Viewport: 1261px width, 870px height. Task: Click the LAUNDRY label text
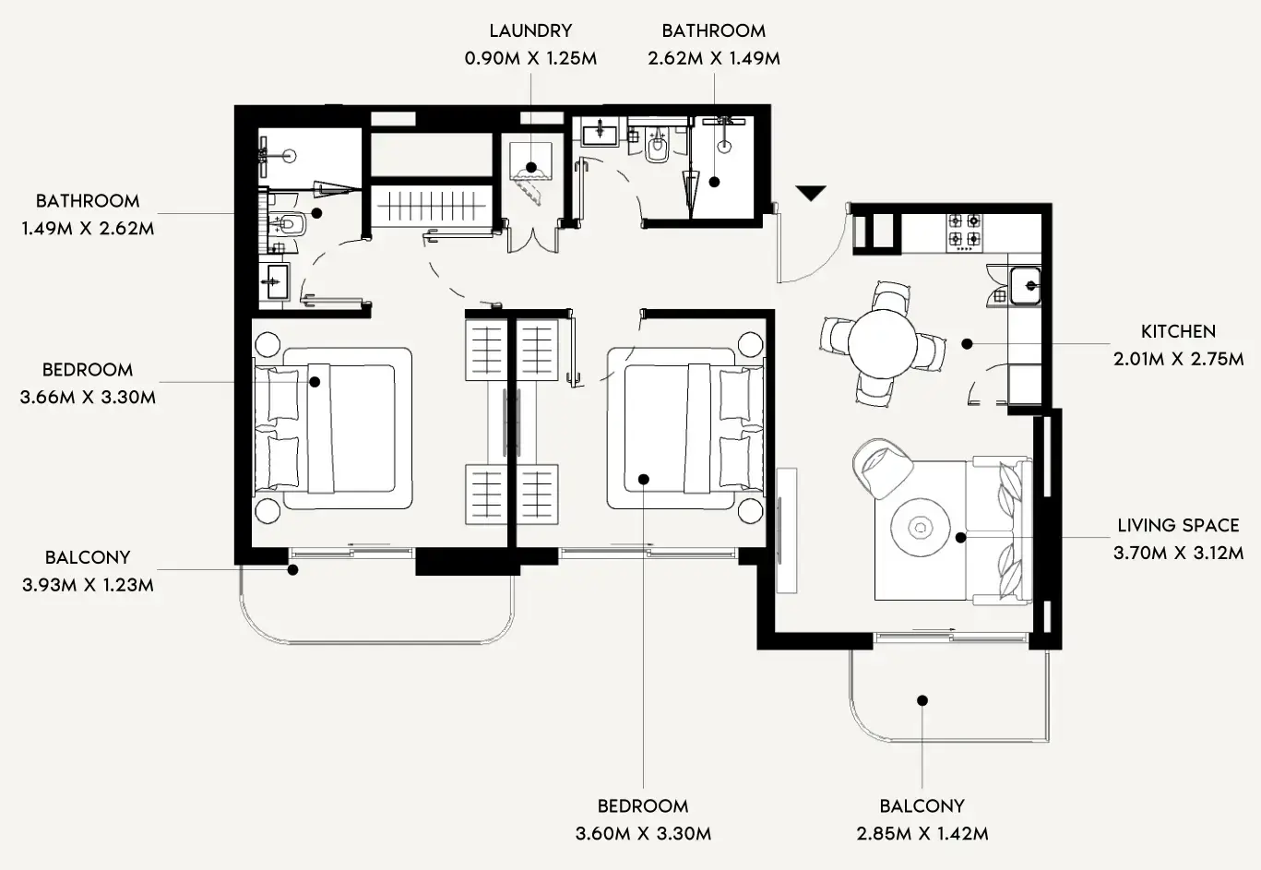point(530,30)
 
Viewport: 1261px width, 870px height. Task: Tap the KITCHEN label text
point(1178,331)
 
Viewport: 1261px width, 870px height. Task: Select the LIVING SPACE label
point(1178,525)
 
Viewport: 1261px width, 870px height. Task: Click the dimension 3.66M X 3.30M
point(88,398)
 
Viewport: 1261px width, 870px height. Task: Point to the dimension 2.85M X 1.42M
point(922,833)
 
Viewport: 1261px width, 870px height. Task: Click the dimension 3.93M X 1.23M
point(88,585)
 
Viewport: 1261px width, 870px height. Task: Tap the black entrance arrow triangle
point(811,194)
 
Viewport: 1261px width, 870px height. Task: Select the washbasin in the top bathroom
point(601,134)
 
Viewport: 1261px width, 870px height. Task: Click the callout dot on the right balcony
point(922,700)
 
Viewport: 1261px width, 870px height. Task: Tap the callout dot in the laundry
point(530,169)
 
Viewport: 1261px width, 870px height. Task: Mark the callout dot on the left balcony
point(292,570)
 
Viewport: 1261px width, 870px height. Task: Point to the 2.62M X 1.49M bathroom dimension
point(713,58)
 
